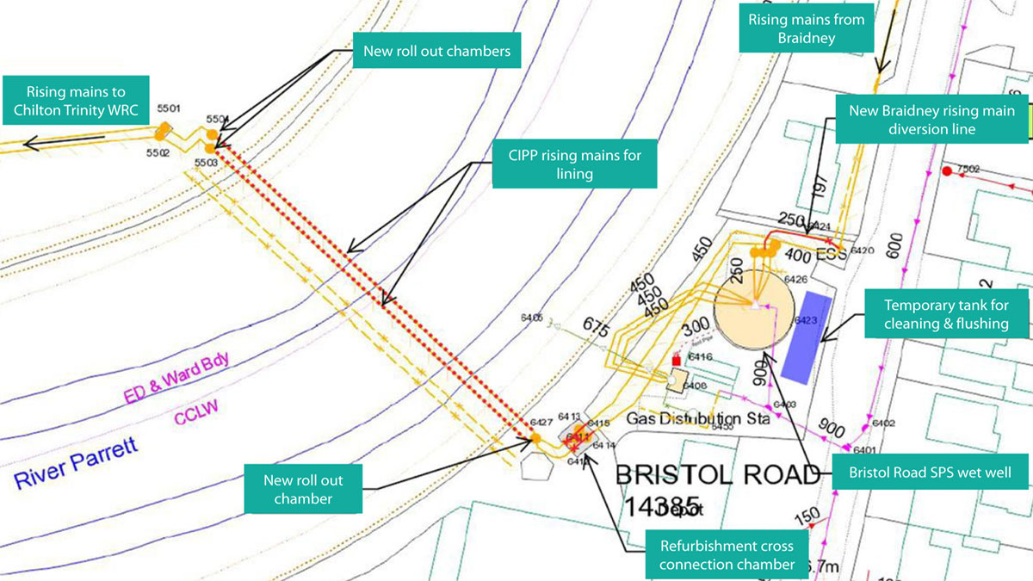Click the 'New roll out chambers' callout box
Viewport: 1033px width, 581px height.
click(x=436, y=52)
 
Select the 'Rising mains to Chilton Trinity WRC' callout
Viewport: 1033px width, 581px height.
click(x=75, y=101)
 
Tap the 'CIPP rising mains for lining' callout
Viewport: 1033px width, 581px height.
click(x=574, y=164)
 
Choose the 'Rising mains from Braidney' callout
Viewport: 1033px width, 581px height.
click(x=806, y=29)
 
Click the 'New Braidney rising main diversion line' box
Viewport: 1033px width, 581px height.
click(x=931, y=120)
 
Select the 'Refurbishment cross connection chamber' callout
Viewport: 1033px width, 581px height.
click(x=727, y=555)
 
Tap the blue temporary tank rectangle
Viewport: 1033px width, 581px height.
click(x=803, y=336)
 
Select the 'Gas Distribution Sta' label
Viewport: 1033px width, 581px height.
click(x=697, y=419)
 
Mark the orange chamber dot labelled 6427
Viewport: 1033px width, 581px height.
click(x=535, y=438)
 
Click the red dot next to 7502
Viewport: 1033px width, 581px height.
click(x=947, y=172)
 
